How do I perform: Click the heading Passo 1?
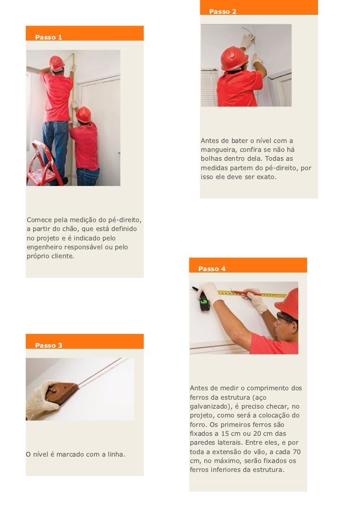tap(48, 37)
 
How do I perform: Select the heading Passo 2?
tap(223, 11)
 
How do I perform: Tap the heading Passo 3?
tap(48, 345)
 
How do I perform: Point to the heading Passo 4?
tap(212, 269)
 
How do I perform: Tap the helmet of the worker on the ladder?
tap(56, 63)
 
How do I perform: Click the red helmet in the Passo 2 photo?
tap(234, 58)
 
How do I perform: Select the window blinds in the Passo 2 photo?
tap(209, 88)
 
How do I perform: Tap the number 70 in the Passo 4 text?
tap(297, 452)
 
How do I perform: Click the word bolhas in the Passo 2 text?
tap(211, 159)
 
